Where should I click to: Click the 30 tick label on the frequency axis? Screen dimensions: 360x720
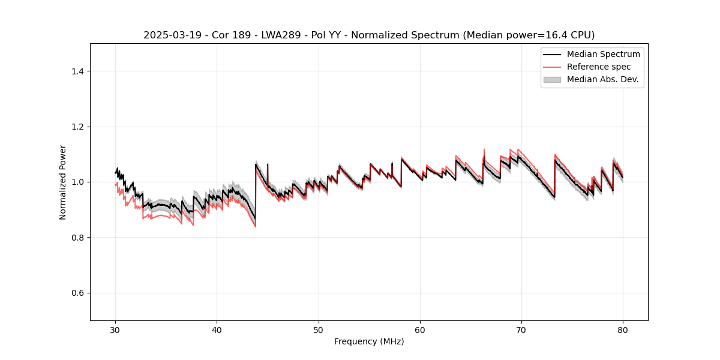115,330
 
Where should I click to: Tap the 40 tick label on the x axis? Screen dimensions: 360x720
217,330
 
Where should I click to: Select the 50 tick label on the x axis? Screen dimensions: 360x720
318,330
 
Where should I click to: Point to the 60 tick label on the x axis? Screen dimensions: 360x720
420,330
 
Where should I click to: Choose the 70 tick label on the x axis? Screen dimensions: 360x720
521,330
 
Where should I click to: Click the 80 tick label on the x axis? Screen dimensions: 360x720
623,330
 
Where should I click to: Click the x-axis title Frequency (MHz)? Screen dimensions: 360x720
369,341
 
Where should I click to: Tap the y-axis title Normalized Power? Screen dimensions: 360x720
63,182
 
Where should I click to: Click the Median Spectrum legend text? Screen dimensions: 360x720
604,54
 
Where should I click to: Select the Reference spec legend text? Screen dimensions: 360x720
599,67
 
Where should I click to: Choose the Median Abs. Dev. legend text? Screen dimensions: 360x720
603,79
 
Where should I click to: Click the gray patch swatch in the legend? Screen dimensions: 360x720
552,79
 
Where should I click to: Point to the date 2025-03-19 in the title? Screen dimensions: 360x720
170,35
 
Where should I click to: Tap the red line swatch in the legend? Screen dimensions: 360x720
552,67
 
